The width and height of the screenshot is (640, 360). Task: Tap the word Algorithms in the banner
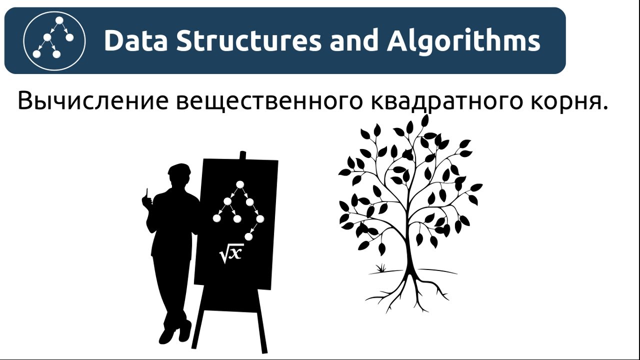pyautogui.click(x=463, y=40)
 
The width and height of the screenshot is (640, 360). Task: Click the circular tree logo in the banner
pyautogui.click(x=54, y=40)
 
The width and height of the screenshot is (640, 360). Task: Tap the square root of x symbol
pyautogui.click(x=231, y=253)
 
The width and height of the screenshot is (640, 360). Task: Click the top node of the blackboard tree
pyautogui.click(x=240, y=184)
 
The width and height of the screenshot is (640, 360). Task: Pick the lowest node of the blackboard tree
pyautogui.click(x=248, y=236)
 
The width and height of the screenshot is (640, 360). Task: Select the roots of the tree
pyautogui.click(x=410, y=292)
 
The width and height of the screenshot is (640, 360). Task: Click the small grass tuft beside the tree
pyautogui.click(x=381, y=268)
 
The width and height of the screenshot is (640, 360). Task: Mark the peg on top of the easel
pyautogui.click(x=243, y=155)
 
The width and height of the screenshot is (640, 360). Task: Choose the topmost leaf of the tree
pyautogui.click(x=425, y=120)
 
